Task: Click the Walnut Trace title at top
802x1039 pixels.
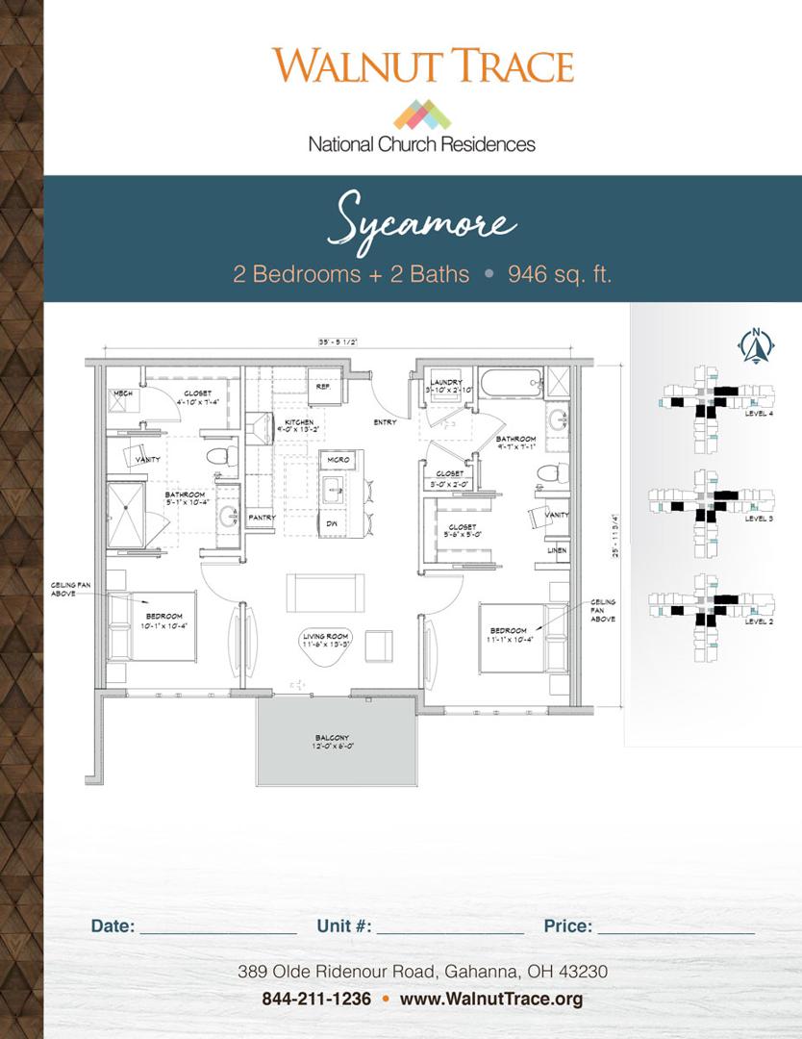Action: (422, 65)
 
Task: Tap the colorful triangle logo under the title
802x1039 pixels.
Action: (422, 114)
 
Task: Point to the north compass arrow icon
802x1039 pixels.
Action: (757, 345)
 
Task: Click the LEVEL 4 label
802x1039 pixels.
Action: (759, 413)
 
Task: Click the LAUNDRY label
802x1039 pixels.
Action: (447, 381)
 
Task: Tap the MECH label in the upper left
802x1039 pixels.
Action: (122, 393)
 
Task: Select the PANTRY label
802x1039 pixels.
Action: (262, 518)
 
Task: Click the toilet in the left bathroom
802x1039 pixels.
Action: (222, 455)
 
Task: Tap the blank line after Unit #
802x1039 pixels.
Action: (450, 927)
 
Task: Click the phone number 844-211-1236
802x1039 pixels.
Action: (316, 999)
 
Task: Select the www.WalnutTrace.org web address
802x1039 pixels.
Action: (491, 999)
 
